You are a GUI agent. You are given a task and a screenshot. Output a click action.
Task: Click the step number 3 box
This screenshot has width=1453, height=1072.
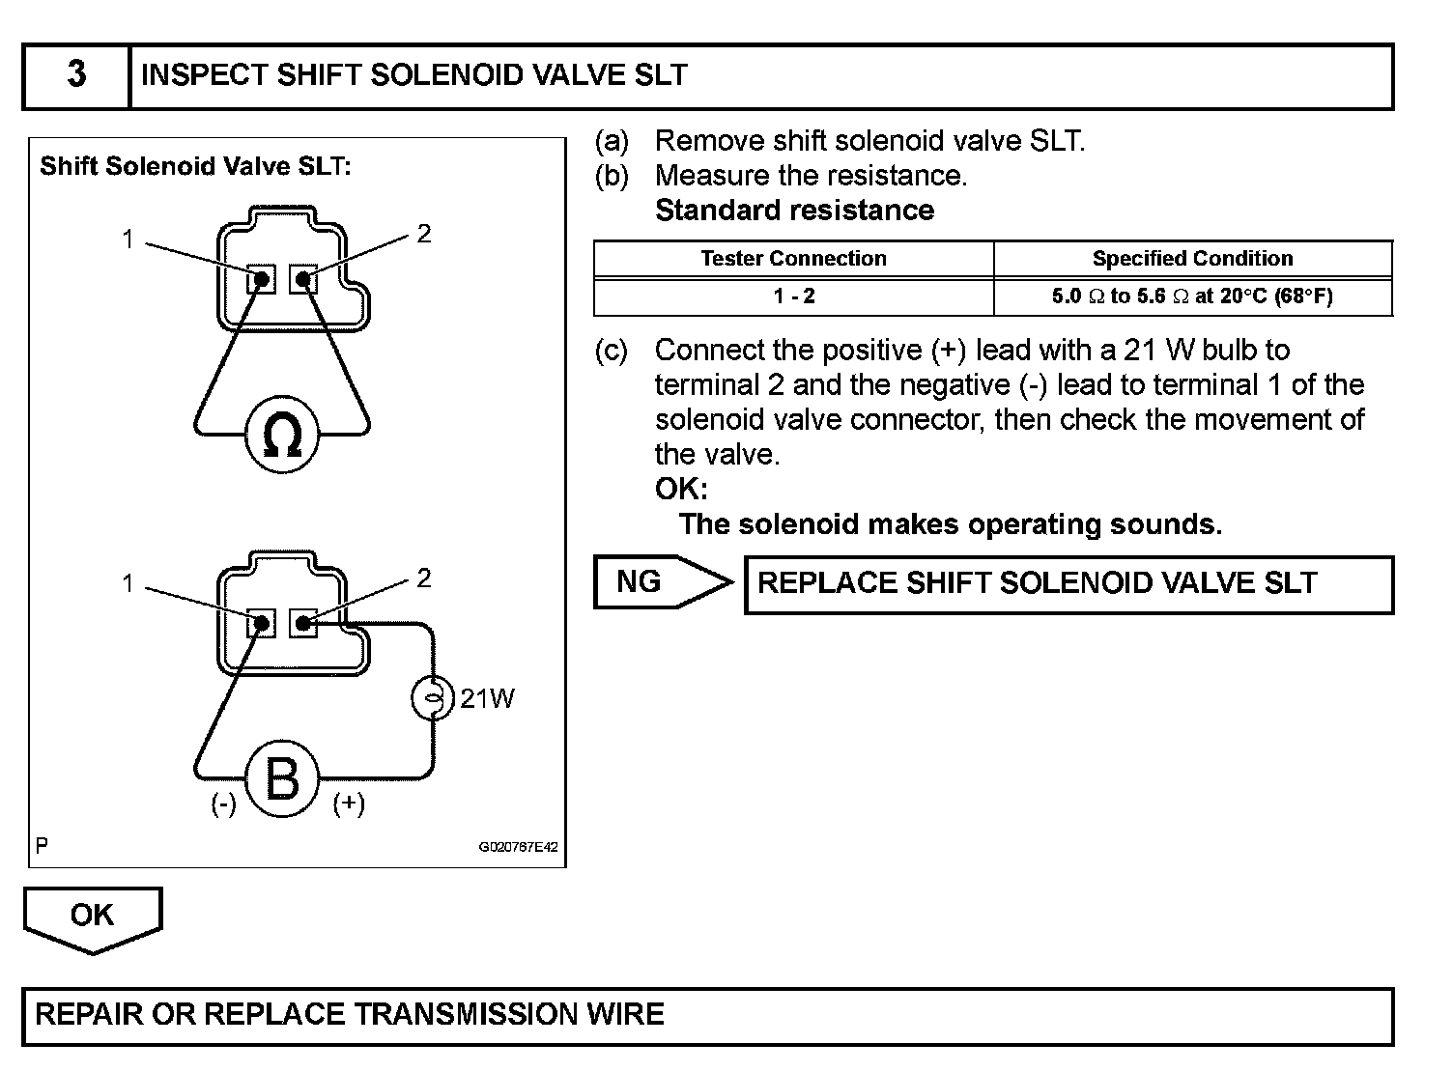(76, 75)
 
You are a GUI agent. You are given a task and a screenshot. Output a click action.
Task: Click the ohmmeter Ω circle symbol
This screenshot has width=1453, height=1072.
(282, 437)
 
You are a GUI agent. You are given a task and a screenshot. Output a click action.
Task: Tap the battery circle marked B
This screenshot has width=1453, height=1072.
(281, 778)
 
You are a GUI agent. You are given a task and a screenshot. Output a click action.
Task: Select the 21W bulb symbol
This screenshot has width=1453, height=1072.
(432, 697)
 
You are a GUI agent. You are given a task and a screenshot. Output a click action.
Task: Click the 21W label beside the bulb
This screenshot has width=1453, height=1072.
(487, 698)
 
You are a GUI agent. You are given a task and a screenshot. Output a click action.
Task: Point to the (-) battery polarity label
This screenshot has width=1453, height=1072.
(223, 804)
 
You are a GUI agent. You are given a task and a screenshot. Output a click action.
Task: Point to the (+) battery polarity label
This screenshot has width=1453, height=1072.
(348, 804)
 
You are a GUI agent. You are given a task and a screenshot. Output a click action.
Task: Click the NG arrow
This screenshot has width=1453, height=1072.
(662, 582)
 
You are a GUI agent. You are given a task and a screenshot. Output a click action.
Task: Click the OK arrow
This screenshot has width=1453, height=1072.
(93, 917)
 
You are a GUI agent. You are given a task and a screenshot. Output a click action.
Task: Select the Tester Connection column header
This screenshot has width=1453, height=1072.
(793, 259)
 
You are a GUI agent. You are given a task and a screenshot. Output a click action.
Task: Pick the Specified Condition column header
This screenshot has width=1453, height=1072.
(1192, 259)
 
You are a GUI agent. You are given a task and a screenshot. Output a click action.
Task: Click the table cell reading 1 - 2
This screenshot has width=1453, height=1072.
(793, 296)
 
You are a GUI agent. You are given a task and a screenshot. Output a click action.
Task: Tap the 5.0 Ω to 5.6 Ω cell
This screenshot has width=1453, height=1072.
(1192, 296)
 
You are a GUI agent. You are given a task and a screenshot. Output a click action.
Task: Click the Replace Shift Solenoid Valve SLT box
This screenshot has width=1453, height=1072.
(1068, 584)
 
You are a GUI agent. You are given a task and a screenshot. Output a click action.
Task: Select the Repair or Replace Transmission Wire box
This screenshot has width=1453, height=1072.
(707, 1016)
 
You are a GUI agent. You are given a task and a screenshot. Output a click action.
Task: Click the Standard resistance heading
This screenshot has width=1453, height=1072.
(794, 211)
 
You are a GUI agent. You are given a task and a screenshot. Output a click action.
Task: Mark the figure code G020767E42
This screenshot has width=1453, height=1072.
(518, 847)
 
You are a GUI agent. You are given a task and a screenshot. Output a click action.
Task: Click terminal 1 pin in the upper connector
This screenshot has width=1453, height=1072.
(262, 280)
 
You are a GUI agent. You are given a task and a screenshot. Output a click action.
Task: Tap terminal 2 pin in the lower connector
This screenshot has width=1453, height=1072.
(303, 624)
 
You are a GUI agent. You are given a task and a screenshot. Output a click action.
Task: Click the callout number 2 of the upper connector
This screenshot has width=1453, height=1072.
(423, 234)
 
